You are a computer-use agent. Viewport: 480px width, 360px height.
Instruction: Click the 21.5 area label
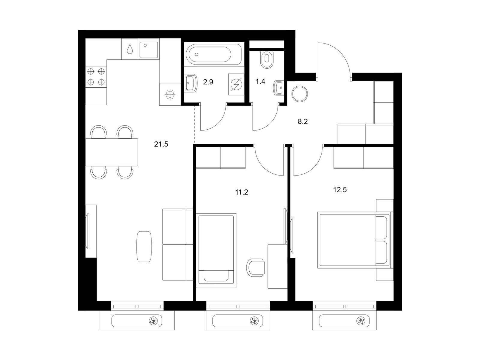click(161, 144)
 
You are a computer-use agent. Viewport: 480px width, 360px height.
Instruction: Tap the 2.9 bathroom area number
click(208, 82)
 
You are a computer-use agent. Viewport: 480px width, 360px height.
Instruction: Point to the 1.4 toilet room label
click(260, 82)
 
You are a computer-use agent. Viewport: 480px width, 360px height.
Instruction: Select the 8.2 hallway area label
click(303, 121)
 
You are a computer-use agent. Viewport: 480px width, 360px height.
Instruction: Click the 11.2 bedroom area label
click(241, 192)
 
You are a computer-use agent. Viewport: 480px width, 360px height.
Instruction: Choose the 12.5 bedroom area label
click(340, 190)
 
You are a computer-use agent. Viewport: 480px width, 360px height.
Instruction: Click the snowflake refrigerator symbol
click(170, 95)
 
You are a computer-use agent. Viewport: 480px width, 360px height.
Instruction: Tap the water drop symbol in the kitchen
click(130, 49)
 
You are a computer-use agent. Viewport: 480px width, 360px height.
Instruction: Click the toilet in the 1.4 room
click(267, 59)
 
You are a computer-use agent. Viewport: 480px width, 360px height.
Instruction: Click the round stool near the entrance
click(300, 94)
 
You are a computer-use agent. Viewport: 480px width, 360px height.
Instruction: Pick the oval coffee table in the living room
click(144, 247)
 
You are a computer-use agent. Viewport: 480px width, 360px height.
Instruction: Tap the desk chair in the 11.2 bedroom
click(255, 267)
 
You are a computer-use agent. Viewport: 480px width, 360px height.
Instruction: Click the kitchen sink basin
click(149, 50)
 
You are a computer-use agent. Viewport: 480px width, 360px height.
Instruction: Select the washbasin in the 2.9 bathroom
click(192, 83)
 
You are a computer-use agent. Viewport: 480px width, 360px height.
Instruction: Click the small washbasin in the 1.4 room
click(279, 88)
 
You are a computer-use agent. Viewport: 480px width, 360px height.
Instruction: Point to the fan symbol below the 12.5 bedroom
click(360, 321)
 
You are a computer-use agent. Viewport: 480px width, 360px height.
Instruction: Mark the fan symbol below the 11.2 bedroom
click(254, 321)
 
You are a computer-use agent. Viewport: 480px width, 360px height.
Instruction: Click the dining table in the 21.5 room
click(112, 152)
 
